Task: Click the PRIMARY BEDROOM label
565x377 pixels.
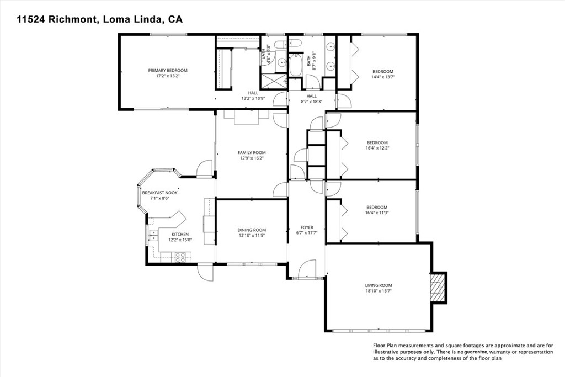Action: click(168, 71)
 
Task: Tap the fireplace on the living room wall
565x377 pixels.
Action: click(438, 287)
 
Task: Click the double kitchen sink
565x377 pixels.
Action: click(152, 236)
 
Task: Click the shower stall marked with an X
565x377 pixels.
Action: click(274, 82)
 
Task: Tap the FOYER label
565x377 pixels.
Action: click(307, 227)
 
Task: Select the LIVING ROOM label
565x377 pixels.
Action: click(379, 285)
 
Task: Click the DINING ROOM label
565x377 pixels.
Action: click(252, 230)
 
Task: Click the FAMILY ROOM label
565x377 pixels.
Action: click(252, 153)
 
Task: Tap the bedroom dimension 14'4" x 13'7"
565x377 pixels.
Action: click(382, 77)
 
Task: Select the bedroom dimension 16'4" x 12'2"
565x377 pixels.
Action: click(377, 147)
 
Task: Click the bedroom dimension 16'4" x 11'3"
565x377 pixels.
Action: click(377, 213)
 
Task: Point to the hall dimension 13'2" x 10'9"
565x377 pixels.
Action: click(253, 98)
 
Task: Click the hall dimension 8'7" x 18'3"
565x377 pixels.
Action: click(312, 101)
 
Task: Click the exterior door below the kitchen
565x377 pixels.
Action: click(205, 272)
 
